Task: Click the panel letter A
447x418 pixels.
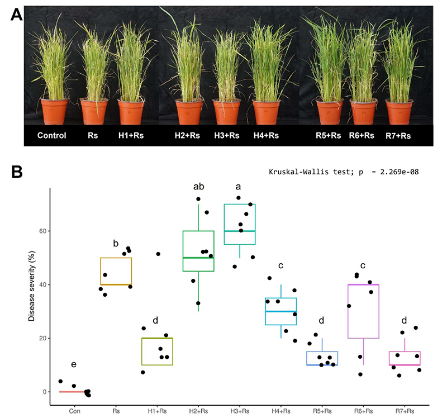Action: (x=16, y=15)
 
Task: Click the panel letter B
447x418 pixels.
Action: (x=17, y=172)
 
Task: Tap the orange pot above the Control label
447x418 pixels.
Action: (x=54, y=112)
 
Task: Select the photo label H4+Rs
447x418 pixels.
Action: (x=266, y=135)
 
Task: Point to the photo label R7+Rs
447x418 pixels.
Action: (x=398, y=136)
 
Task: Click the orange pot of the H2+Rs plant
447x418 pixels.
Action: (x=189, y=112)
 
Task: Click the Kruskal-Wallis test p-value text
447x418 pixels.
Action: (x=344, y=172)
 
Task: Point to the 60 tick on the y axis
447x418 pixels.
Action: (x=43, y=231)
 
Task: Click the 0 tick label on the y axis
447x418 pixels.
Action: (x=45, y=392)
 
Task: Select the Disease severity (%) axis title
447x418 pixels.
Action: (x=32, y=286)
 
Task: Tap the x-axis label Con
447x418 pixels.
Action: (x=75, y=411)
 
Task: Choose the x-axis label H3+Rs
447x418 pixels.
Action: (x=240, y=411)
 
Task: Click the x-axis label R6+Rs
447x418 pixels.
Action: (x=364, y=411)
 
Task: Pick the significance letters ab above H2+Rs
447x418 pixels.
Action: (x=199, y=187)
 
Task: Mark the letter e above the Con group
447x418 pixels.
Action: (x=74, y=364)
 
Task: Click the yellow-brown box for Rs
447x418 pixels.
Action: (x=116, y=258)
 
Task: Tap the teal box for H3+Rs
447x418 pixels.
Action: (x=240, y=204)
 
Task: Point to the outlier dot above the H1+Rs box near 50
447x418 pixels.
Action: (x=158, y=254)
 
